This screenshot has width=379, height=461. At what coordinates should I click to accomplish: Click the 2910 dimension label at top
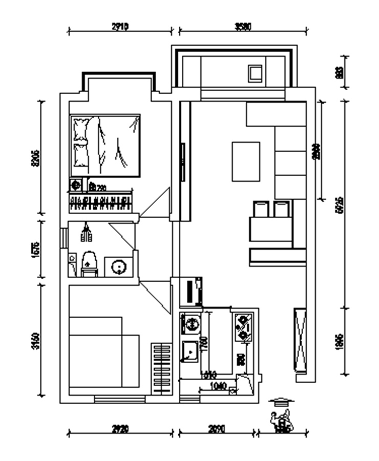click(x=120, y=27)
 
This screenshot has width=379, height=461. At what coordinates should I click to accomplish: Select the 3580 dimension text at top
click(x=243, y=27)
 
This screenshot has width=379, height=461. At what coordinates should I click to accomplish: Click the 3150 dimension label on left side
click(x=35, y=341)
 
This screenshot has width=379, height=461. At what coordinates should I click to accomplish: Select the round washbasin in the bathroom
click(x=119, y=267)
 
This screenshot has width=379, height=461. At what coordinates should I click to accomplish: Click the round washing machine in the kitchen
click(x=191, y=324)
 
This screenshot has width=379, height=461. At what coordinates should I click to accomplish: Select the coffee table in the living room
click(x=246, y=161)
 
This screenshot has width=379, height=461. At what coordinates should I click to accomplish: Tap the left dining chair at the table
click(x=261, y=209)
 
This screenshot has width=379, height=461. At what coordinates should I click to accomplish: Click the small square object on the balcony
click(x=255, y=73)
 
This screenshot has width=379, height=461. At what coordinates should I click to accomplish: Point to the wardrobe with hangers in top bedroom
click(x=101, y=203)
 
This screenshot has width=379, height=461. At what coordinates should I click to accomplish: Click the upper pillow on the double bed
click(x=80, y=128)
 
